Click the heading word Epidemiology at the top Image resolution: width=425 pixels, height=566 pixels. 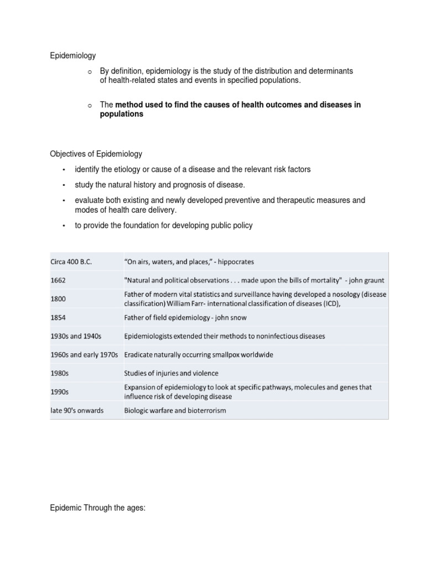(73, 56)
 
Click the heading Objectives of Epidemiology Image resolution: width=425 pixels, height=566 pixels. (96, 154)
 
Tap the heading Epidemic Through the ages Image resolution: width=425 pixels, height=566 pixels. (97, 507)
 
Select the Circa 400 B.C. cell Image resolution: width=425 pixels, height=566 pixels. (71, 261)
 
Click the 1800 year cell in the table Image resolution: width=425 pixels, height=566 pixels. (59, 299)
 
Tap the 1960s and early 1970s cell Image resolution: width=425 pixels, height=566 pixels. (85, 354)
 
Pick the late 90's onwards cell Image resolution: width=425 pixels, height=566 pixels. (77, 411)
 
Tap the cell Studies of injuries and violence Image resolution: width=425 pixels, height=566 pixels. (172, 373)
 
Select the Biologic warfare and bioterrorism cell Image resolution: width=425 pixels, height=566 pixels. (175, 411)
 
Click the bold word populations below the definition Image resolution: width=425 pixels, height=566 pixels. (121, 114)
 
